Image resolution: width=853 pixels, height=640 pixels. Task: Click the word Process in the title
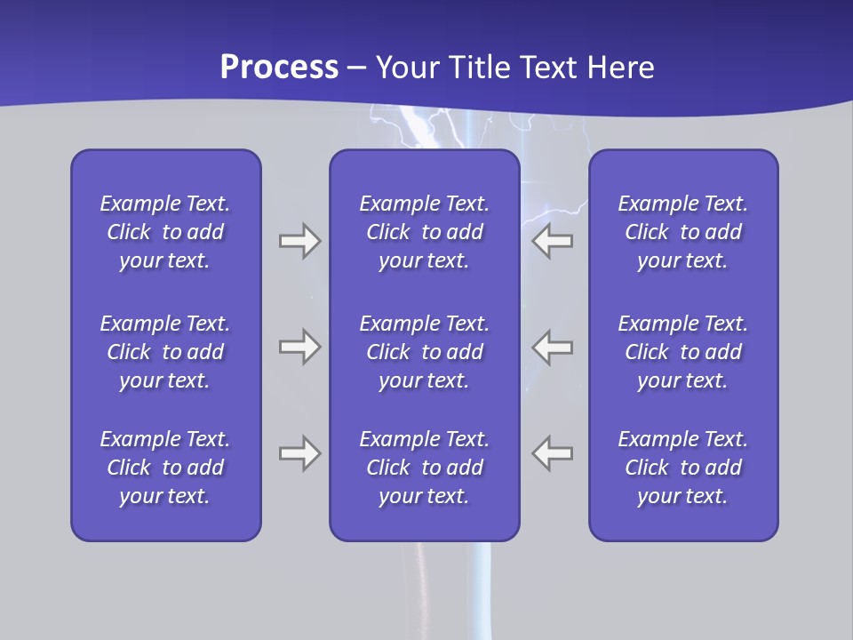pos(279,68)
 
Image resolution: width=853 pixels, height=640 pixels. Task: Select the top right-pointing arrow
pos(299,241)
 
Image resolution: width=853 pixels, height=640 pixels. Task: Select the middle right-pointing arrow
pos(299,347)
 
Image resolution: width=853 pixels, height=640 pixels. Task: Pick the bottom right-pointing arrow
pos(299,453)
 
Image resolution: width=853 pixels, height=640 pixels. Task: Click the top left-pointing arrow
pos(552,241)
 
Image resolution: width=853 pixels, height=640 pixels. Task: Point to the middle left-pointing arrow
pos(552,347)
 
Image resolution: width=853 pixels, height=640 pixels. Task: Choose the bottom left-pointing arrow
pos(552,453)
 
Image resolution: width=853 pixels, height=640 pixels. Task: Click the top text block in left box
pos(165,232)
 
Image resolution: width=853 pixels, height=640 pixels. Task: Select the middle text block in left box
pos(165,352)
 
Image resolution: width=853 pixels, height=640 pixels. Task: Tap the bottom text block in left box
pos(165,468)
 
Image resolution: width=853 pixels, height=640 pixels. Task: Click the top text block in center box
pos(424,232)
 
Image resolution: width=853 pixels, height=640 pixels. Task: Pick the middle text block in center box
pos(424,352)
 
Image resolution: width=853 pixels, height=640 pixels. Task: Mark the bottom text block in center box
pos(424,468)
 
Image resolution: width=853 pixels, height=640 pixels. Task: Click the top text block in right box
pos(682,232)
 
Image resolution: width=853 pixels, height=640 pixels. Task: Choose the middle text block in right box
pos(682,352)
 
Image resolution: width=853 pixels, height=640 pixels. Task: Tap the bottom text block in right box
pos(682,468)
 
